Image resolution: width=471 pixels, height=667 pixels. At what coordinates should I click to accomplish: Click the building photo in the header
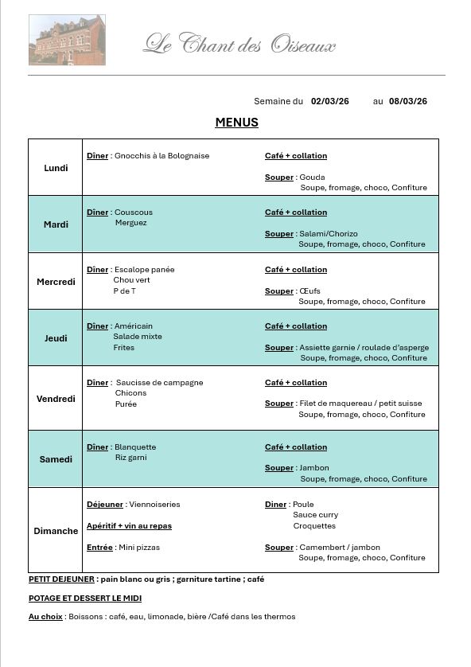67,40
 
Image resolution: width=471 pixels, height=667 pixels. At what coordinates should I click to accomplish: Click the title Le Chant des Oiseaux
239,45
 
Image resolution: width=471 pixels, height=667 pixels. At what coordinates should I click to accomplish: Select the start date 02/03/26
329,101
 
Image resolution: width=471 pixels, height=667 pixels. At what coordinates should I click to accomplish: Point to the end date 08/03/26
408,101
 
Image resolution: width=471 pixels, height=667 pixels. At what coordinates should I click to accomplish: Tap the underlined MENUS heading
236,123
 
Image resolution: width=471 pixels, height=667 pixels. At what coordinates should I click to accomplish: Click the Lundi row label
56,168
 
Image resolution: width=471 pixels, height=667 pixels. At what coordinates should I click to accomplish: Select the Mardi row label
56,224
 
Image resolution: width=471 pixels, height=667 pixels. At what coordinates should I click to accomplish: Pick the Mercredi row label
56,282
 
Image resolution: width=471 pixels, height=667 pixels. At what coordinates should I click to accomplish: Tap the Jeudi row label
56,338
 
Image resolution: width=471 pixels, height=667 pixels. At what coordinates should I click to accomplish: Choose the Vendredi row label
56,399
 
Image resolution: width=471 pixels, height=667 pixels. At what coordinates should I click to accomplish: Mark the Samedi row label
56,459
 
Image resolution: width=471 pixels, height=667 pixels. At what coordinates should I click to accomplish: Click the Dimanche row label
56,531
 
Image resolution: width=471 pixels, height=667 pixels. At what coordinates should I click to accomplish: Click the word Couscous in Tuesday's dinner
134,213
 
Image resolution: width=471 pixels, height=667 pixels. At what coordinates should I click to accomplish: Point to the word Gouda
313,177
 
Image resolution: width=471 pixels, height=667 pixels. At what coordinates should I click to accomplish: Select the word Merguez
131,223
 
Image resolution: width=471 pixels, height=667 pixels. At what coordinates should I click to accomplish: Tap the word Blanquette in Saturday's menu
135,447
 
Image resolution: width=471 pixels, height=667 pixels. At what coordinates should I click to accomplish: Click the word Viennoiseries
154,505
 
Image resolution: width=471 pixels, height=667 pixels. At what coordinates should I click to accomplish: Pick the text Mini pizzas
138,548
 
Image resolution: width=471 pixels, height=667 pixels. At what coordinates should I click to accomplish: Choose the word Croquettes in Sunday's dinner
314,526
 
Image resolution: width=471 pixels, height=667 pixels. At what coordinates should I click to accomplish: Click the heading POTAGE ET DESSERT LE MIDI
85,598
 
